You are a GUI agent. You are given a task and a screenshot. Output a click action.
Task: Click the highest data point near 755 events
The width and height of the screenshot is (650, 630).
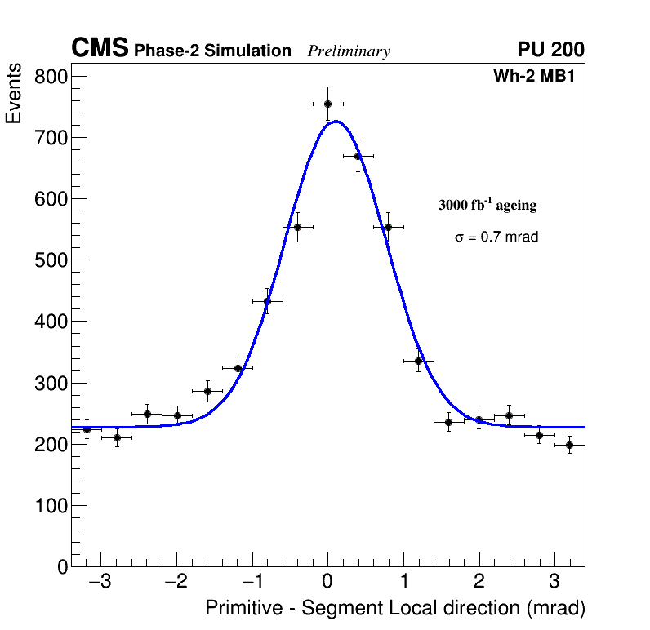327,104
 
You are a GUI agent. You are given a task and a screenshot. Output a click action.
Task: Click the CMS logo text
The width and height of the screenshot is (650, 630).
100,49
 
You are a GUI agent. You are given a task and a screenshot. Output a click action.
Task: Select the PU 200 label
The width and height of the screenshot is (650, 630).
550,50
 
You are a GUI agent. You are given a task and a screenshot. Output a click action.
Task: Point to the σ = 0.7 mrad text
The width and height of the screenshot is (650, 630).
496,237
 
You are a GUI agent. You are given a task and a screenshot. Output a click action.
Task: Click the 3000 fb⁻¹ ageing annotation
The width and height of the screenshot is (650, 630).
487,205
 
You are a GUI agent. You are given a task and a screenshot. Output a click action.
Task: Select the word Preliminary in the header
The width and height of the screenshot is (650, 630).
349,51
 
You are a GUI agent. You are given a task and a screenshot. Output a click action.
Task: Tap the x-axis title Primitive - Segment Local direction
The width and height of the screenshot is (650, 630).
395,609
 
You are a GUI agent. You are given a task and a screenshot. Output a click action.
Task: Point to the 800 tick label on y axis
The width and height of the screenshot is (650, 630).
50,78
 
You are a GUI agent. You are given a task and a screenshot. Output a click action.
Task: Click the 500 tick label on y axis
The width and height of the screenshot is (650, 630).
50,260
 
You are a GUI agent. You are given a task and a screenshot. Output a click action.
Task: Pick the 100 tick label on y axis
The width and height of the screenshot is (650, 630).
50,506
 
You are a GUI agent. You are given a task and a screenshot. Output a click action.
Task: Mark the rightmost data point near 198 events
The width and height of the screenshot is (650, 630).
569,445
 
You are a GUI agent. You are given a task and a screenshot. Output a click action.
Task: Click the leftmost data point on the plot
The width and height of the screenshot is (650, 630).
87,429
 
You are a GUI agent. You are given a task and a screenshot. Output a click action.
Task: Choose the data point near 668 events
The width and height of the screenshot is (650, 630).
358,156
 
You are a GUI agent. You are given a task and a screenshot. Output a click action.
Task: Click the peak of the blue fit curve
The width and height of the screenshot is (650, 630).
336,122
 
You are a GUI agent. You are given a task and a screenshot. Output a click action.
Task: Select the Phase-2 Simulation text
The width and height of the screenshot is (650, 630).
212,51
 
